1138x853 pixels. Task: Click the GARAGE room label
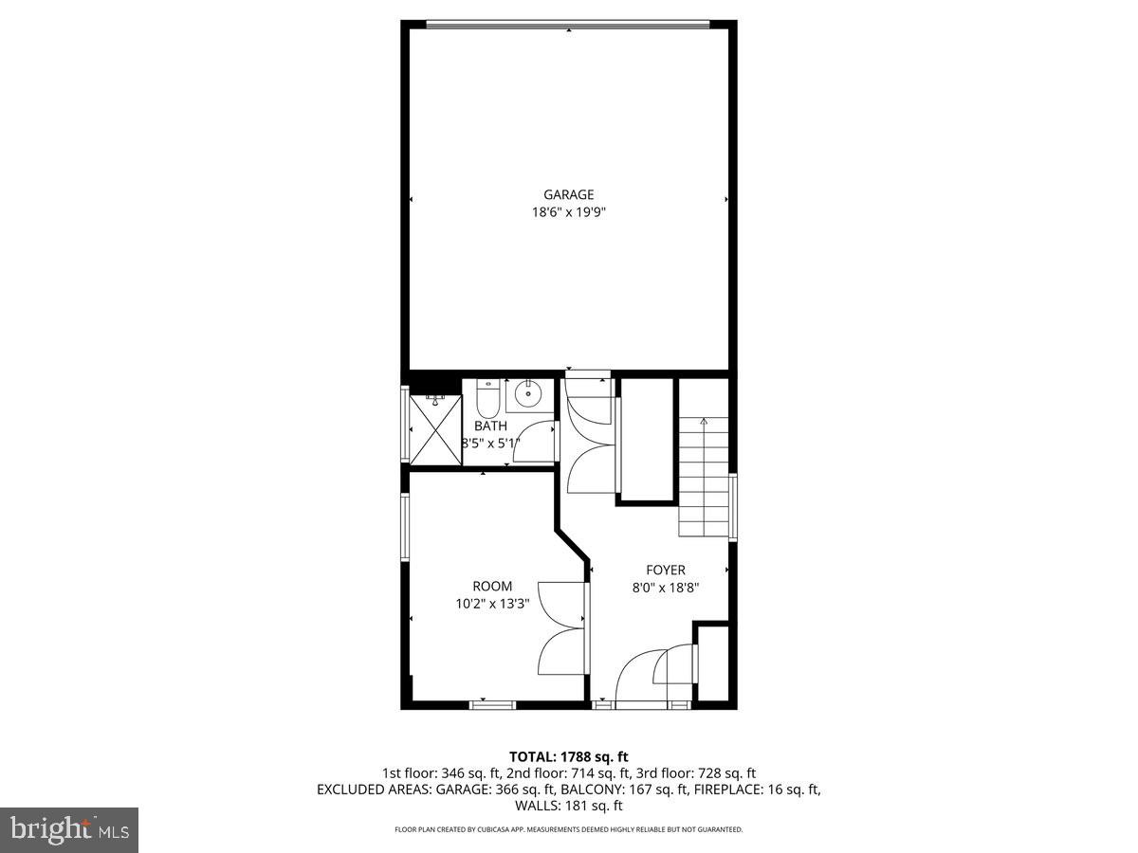click(x=568, y=195)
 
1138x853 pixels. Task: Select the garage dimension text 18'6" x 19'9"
click(x=568, y=213)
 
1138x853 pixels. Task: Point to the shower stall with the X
click(x=434, y=426)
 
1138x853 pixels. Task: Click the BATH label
click(x=490, y=426)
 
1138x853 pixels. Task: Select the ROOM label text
click(x=492, y=587)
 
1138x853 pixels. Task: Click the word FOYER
click(x=665, y=570)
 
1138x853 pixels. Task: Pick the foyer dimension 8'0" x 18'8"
click(x=665, y=587)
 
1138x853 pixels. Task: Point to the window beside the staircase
click(x=733, y=507)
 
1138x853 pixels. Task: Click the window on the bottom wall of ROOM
click(x=492, y=704)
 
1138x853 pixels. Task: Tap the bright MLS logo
click(x=69, y=830)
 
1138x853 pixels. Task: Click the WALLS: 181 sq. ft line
click(x=568, y=806)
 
